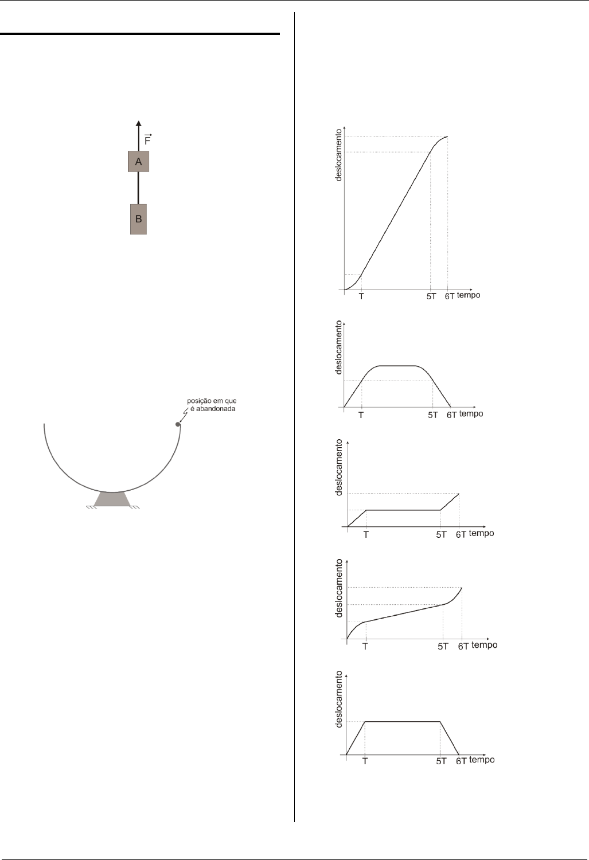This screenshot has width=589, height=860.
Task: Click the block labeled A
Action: click(x=138, y=161)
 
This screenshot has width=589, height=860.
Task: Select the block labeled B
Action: click(x=138, y=219)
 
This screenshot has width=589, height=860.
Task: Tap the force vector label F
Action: click(x=148, y=140)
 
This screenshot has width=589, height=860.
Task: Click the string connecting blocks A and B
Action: click(x=139, y=187)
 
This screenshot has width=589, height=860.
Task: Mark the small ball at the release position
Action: click(x=178, y=424)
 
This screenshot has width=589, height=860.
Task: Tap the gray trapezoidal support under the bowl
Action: click(x=112, y=499)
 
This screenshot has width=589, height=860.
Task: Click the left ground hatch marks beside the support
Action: click(x=91, y=507)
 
